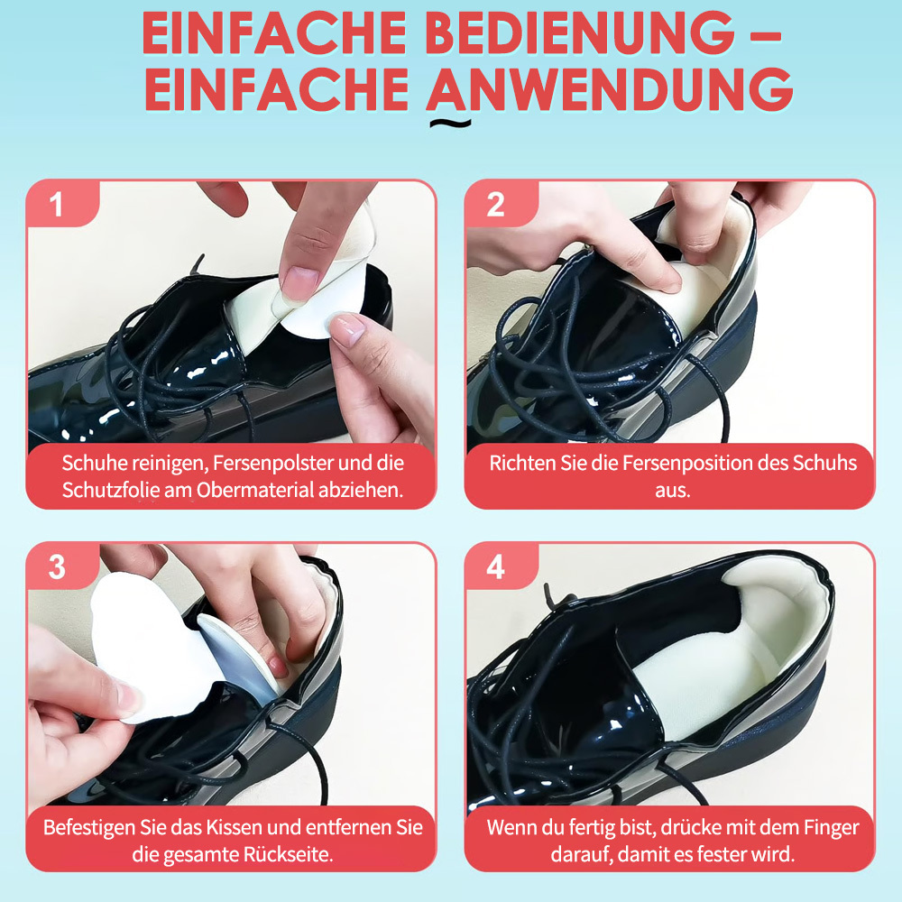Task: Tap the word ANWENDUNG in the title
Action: (x=610, y=89)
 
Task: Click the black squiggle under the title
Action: (x=451, y=123)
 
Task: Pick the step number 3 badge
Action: (x=63, y=566)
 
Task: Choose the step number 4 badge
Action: (x=501, y=566)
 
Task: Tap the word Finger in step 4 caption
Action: (x=832, y=827)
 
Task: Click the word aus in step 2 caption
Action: (x=672, y=491)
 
